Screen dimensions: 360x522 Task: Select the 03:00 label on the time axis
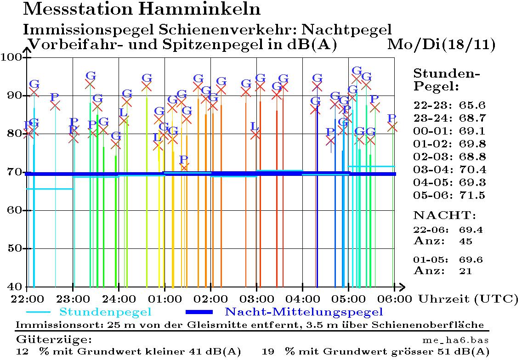[256, 299]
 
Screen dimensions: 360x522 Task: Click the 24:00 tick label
[119, 299]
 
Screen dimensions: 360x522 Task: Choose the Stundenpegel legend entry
[105, 312]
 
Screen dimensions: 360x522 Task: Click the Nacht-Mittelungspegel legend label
[303, 312]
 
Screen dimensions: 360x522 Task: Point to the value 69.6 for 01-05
[471, 260]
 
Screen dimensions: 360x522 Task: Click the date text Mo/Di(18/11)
[442, 45]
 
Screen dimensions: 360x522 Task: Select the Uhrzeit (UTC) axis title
[468, 299]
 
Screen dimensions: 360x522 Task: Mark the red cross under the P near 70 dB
[184, 168]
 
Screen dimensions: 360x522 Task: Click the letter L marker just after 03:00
[255, 125]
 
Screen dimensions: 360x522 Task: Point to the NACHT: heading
[444, 215]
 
